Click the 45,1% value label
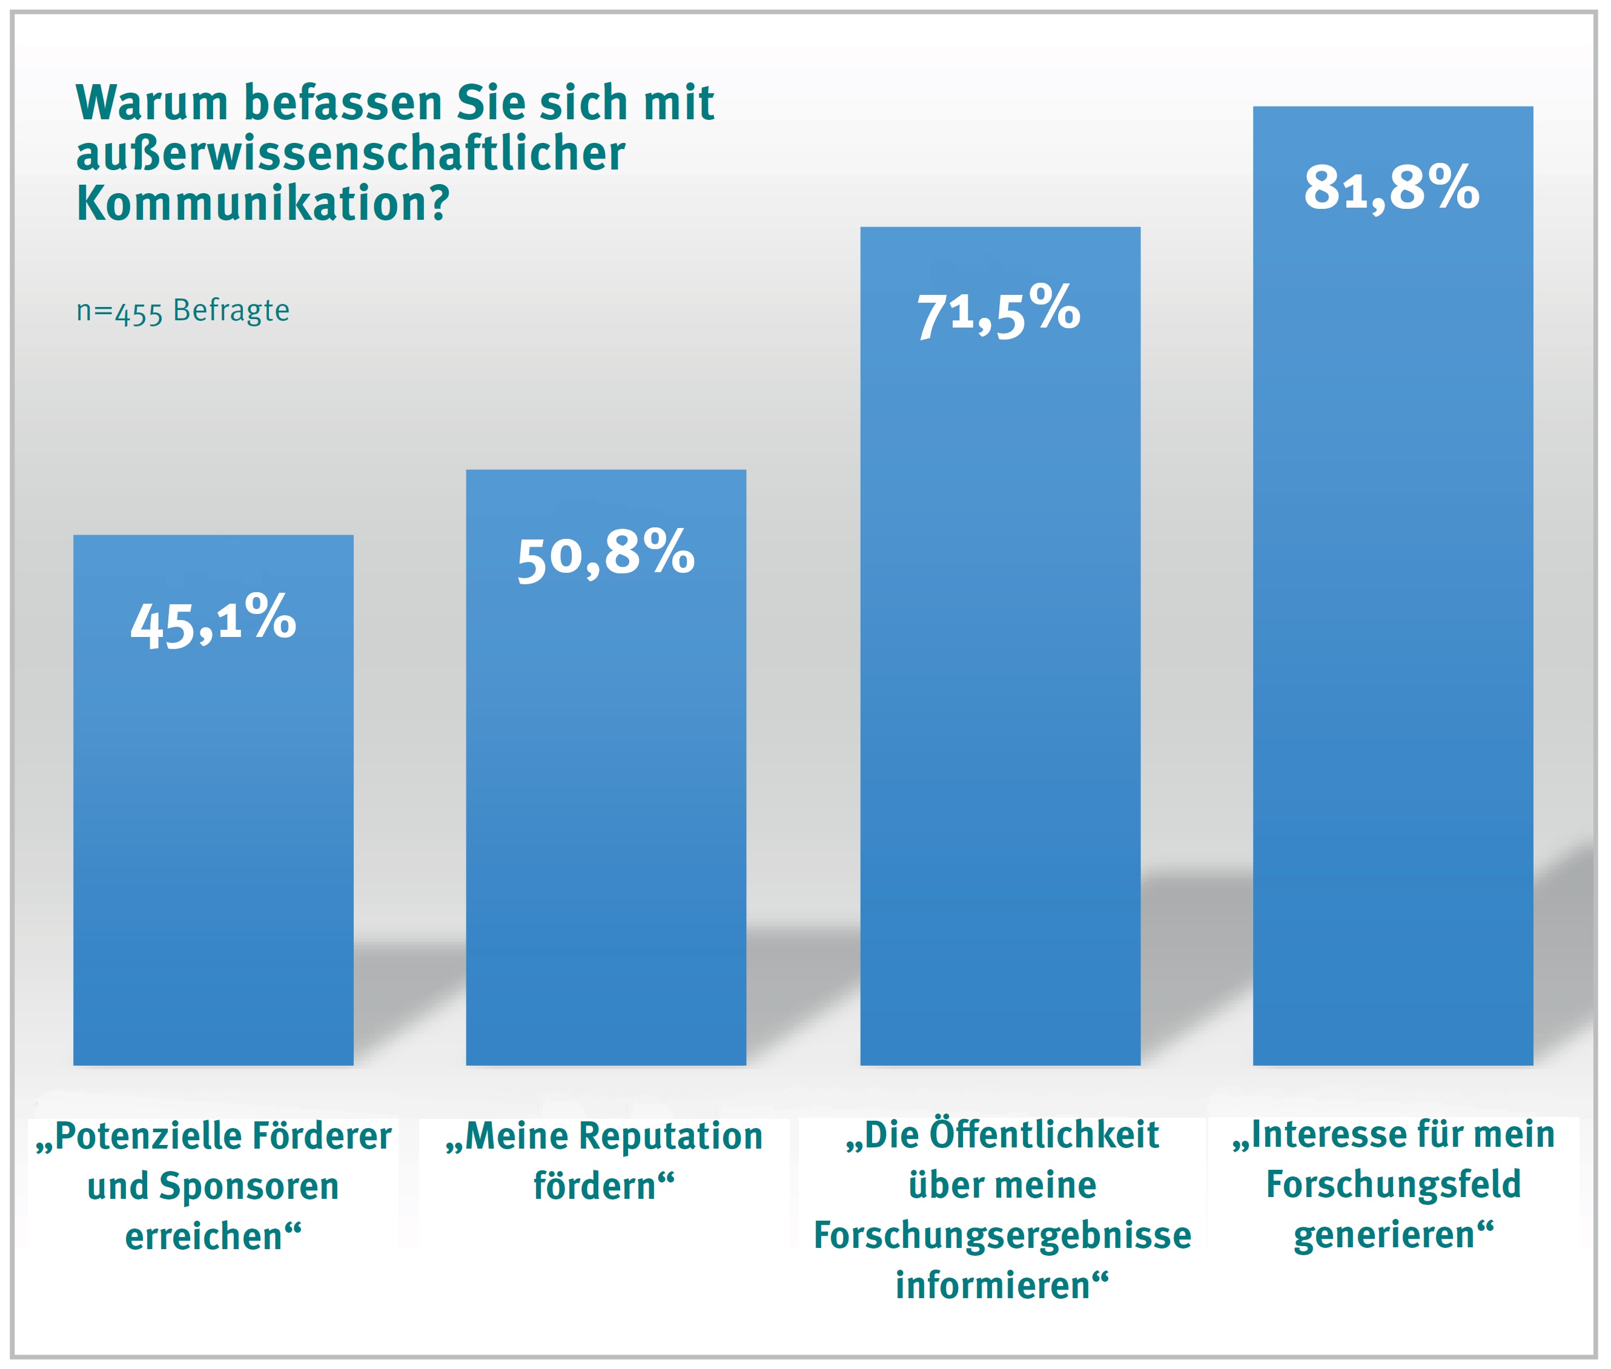(214, 622)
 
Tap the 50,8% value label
(606, 554)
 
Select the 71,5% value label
(999, 312)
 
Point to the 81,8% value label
(1391, 188)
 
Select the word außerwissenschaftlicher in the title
(350, 153)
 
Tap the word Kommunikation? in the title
(262, 203)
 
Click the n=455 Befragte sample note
(182, 311)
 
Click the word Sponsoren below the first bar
(259, 1186)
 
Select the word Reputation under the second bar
(671, 1136)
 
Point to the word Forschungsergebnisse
(1002, 1235)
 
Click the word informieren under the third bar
(994, 1285)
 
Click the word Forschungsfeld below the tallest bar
(1393, 1184)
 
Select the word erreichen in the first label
(203, 1236)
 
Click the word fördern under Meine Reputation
(595, 1186)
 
